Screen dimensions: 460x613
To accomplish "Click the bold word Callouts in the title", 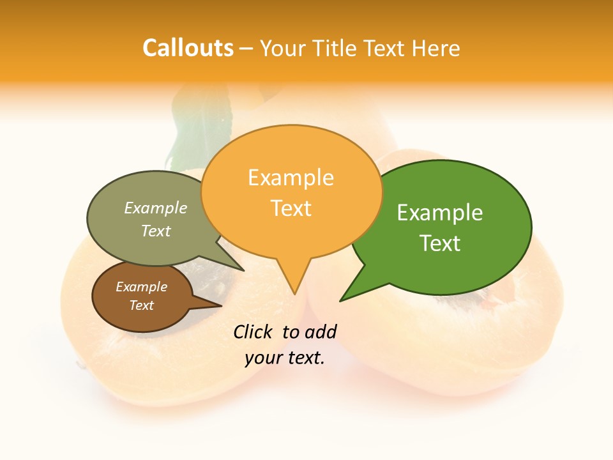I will [x=188, y=48].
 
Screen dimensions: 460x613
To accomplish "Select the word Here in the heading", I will [x=437, y=48].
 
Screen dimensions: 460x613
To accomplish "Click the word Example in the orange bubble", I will [x=291, y=178].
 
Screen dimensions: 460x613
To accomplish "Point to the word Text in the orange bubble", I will [x=291, y=208].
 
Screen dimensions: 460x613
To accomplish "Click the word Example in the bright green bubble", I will [x=440, y=213].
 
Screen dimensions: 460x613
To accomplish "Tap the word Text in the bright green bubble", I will [x=440, y=243].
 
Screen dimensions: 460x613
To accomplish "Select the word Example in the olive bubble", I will [x=156, y=208].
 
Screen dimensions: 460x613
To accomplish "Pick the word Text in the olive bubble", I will [x=156, y=231].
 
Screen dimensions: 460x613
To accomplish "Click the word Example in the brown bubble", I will [x=141, y=287].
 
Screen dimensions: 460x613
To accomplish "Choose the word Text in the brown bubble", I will [x=141, y=305].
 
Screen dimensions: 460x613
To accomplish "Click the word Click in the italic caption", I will [x=254, y=332].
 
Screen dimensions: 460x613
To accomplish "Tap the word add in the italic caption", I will [x=321, y=332].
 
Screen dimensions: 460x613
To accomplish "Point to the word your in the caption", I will [x=262, y=358].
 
